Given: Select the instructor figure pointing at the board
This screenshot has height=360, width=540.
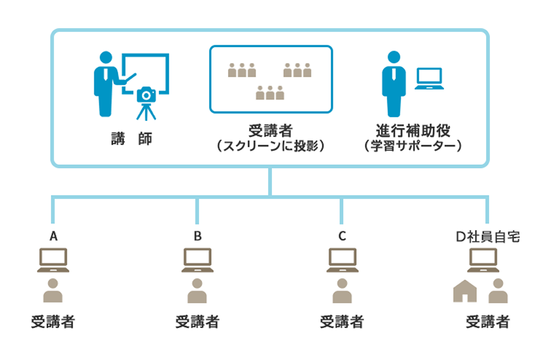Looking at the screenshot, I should coord(105,83).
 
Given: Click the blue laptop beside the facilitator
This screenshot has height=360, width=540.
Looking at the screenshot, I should coord(428,79).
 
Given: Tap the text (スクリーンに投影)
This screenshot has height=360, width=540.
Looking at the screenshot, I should coord(270,147).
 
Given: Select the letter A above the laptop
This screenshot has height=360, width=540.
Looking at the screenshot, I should coord(53,236).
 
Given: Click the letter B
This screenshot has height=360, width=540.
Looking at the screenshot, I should coord(197,236).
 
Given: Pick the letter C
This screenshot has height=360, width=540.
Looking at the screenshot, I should coord(342,236).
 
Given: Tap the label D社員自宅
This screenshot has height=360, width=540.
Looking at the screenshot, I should coord(488,236).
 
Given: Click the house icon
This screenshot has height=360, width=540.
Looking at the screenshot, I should coord(465,291).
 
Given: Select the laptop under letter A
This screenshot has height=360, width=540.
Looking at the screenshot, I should coord(53,260).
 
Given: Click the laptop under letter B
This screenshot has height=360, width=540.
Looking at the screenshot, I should coord(197,260).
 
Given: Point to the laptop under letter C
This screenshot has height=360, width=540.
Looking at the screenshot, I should coord(342,260).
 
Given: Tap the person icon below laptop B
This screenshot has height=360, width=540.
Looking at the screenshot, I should coord(197,291).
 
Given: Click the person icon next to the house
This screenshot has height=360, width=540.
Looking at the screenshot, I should coord(498,291).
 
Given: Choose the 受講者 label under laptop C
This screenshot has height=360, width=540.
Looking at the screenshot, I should coord(342,321).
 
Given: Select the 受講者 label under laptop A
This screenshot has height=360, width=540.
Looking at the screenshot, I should coord(53,321).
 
